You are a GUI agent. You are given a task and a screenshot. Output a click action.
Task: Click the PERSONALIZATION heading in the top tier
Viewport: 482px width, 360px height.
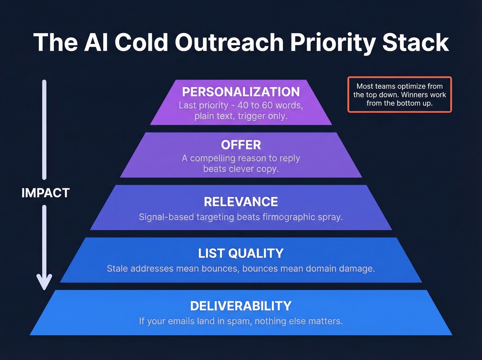[241, 92]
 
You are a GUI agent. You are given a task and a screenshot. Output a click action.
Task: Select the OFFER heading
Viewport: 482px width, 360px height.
[241, 145]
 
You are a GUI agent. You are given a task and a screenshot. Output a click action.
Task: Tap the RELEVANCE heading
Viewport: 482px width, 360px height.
[241, 202]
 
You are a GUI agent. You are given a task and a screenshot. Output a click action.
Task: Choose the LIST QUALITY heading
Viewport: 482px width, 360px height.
[241, 254]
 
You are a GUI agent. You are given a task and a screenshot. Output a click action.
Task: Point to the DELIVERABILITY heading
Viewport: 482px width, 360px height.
[241, 306]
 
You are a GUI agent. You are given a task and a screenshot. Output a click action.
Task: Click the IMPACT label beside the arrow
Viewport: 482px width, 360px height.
[45, 193]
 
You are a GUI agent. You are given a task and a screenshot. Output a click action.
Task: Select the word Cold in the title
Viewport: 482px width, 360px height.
[141, 43]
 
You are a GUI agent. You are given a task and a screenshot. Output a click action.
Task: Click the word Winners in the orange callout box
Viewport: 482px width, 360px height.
[415, 95]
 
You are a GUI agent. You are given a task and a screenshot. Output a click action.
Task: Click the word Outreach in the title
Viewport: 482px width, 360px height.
[229, 43]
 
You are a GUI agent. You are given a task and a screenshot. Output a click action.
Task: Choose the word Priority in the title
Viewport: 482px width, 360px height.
[333, 43]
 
